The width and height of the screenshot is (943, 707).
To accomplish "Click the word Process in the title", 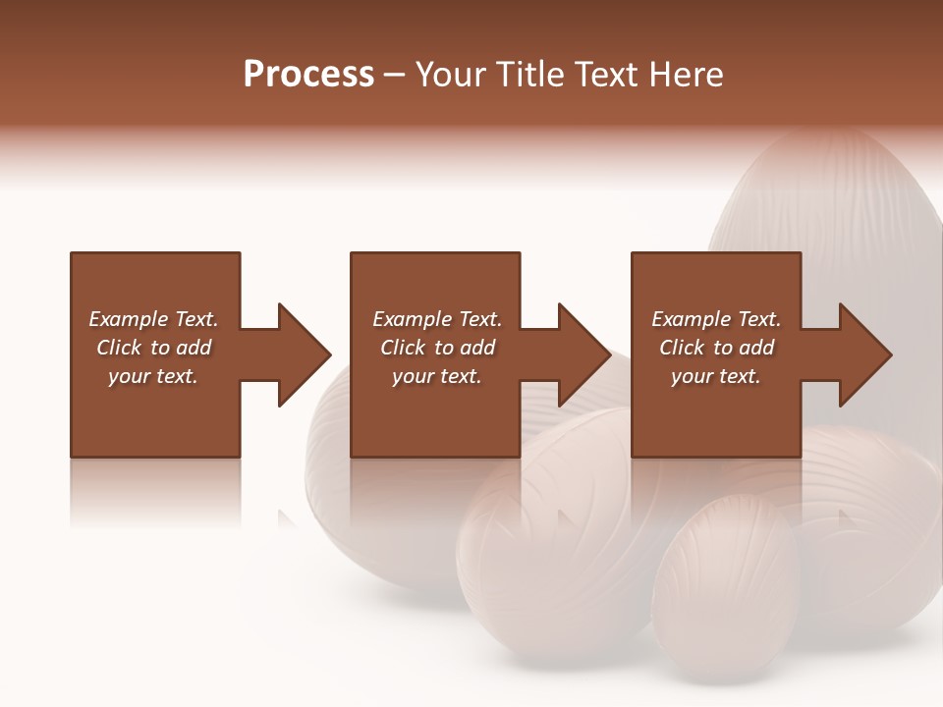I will (308, 75).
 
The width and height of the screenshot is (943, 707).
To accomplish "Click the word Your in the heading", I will (452, 75).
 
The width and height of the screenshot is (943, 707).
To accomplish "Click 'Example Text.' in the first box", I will (153, 319).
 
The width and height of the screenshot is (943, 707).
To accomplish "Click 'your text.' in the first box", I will (153, 376).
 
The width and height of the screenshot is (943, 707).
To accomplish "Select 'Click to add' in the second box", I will (437, 348).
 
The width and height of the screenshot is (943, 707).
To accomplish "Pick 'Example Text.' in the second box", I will (437, 319).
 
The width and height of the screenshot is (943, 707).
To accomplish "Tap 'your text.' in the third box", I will (716, 376).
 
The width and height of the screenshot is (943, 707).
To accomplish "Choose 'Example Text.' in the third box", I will (716, 319).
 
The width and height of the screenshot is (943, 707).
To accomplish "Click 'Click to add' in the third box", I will (716, 348).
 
